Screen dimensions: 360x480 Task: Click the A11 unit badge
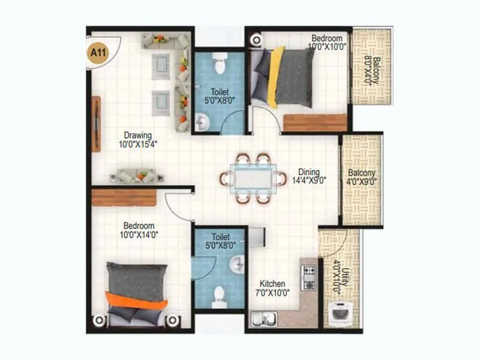click(96, 52)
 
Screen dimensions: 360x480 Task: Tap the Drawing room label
click(138, 135)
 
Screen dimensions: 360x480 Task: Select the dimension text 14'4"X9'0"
click(308, 180)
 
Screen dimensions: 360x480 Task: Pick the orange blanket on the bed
click(134, 299)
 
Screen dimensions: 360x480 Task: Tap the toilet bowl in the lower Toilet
click(219, 295)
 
